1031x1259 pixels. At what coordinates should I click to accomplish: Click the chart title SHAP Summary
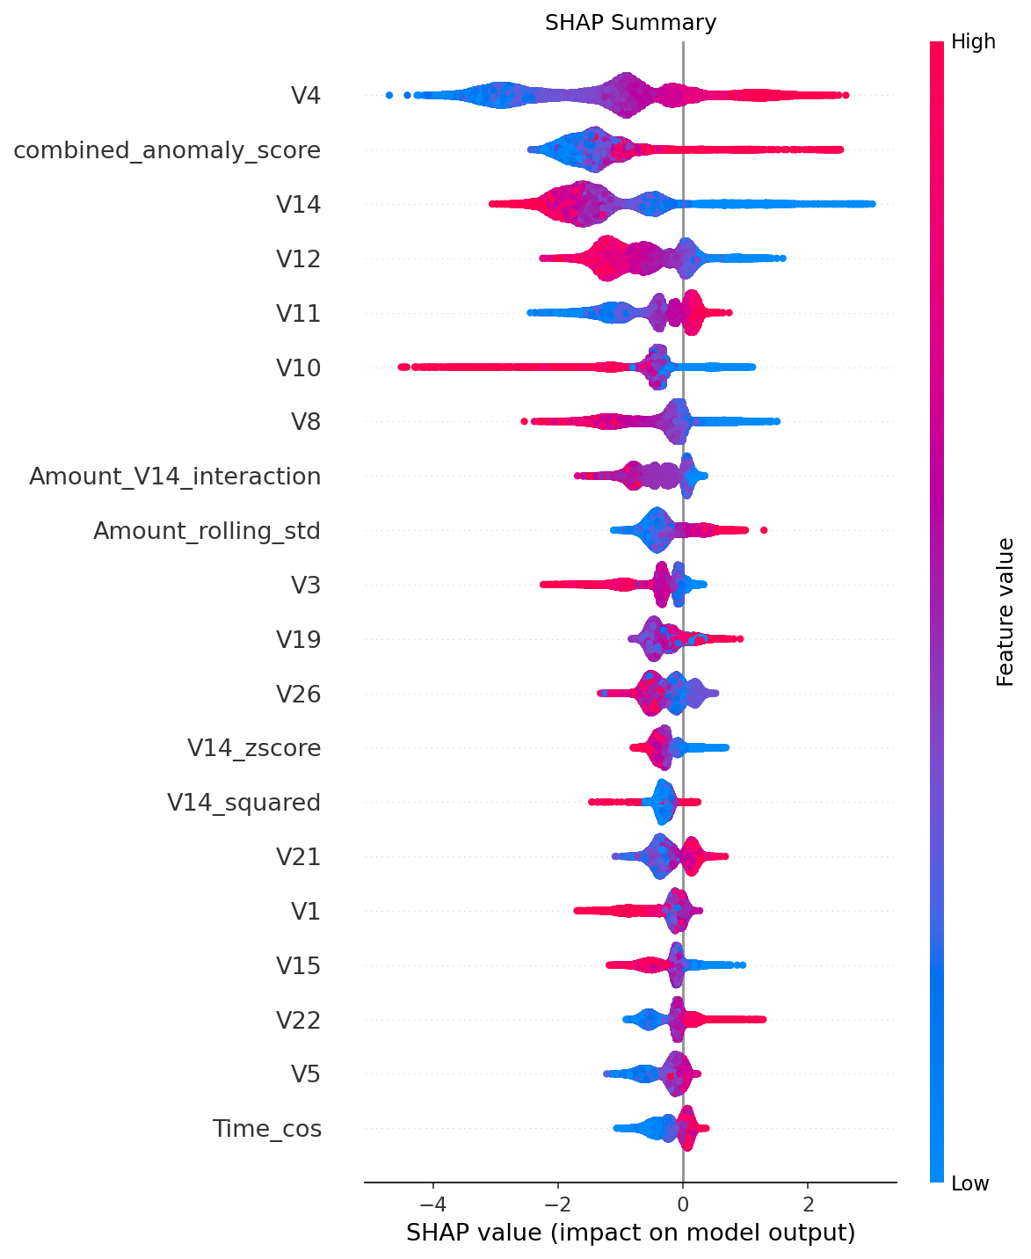coord(630,23)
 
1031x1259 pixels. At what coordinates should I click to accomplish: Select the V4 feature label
coord(305,96)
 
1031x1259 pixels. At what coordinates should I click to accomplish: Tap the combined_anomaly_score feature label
coord(167,150)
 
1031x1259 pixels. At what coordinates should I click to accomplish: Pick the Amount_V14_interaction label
coord(175,477)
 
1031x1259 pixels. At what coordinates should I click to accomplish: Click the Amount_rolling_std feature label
coord(207,531)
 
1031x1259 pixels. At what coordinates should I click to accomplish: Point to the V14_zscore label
coord(254,748)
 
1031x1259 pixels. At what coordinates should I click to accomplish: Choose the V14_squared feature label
coord(243,803)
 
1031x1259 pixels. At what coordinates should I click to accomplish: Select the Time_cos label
coord(266,1129)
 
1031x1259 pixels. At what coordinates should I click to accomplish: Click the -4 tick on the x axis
coord(432,1202)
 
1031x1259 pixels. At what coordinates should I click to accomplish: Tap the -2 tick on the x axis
coord(557,1202)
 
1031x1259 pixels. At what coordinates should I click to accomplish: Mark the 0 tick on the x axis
coord(683,1202)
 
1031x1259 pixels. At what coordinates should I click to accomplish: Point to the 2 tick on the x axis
coord(808,1202)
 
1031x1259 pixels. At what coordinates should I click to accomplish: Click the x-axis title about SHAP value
coord(630,1233)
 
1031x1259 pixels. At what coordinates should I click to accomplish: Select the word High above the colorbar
coord(973,41)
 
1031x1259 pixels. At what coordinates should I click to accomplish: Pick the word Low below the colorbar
coord(969,1183)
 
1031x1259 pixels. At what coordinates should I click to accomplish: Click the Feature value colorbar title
coord(1006,612)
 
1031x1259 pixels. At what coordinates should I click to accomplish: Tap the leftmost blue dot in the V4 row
coord(389,94)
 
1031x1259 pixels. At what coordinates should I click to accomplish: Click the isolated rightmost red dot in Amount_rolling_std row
coord(764,529)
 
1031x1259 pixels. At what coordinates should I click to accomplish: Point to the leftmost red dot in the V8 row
coord(524,421)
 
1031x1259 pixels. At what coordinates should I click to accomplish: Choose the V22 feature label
coord(298,1020)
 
